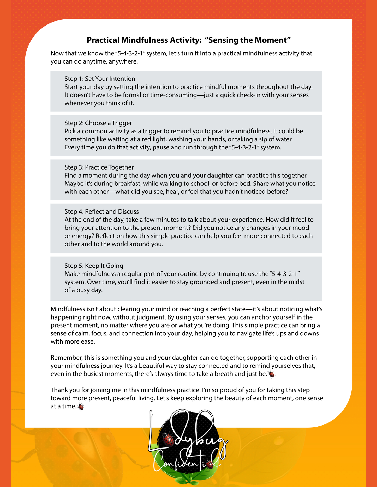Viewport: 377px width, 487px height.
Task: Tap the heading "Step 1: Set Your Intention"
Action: pyautogui.click(x=100, y=79)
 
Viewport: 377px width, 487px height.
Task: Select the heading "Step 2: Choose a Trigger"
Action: pyautogui.click(x=98, y=123)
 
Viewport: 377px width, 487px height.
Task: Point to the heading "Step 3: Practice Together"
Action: pyautogui.click(x=99, y=167)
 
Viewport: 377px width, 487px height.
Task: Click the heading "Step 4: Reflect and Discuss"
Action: pyautogui.click(x=101, y=211)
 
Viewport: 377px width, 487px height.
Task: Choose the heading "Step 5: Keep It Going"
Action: pyautogui.click(x=94, y=266)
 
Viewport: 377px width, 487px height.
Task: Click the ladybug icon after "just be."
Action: pyautogui.click(x=272, y=374)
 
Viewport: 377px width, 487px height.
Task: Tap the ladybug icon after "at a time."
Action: pyautogui.click(x=81, y=407)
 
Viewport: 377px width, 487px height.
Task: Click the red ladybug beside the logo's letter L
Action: pyautogui.click(x=169, y=440)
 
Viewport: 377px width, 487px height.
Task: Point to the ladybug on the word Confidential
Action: pyautogui.click(x=210, y=464)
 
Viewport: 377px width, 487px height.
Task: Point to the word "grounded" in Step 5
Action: pyautogui.click(x=204, y=282)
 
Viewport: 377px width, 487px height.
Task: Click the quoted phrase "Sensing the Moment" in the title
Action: pyautogui.click(x=248, y=40)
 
